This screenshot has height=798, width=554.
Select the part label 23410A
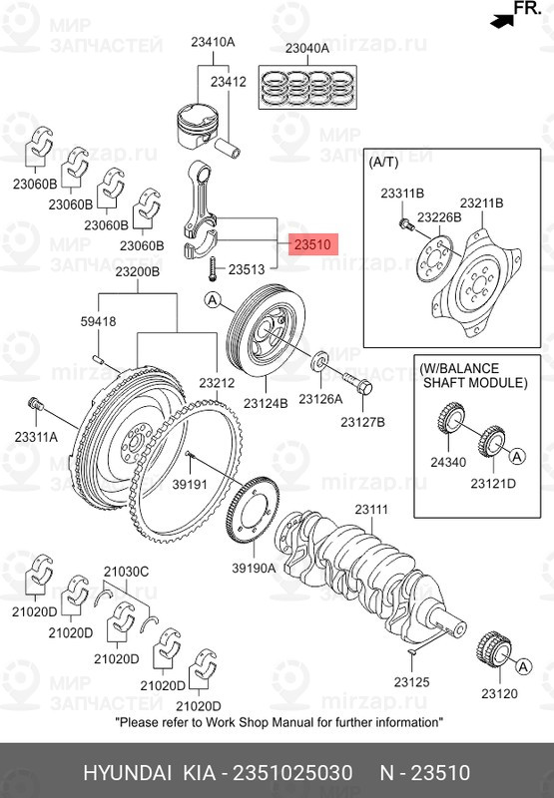213,42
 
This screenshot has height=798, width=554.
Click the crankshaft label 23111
371,510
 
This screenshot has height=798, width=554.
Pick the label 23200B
137,272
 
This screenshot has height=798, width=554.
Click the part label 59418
98,321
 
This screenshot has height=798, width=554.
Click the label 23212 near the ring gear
216,382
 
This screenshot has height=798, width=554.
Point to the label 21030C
127,571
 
